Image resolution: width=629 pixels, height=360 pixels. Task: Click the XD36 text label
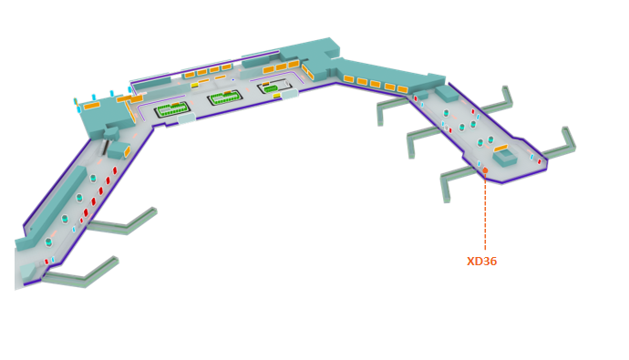(481, 262)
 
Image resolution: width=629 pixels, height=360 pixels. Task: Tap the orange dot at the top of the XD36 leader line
(485, 170)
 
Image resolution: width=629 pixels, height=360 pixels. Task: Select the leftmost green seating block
(171, 109)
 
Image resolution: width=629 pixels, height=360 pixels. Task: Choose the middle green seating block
(224, 98)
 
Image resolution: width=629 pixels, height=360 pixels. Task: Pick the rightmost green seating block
(273, 87)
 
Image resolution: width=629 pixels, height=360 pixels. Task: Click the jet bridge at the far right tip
(568, 139)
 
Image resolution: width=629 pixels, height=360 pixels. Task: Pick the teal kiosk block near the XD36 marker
(505, 159)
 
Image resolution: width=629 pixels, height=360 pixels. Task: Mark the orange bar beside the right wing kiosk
(500, 148)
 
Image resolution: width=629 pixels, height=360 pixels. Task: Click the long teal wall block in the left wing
(57, 204)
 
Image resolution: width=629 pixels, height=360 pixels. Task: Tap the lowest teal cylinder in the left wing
(48, 242)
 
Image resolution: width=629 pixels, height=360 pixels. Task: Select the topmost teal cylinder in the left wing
(93, 179)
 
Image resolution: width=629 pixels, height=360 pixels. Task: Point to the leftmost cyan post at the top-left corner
(76, 101)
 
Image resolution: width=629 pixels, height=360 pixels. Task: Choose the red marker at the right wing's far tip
(540, 161)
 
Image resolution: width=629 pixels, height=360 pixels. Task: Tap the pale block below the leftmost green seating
(186, 118)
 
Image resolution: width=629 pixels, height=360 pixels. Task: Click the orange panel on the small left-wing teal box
(128, 152)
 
